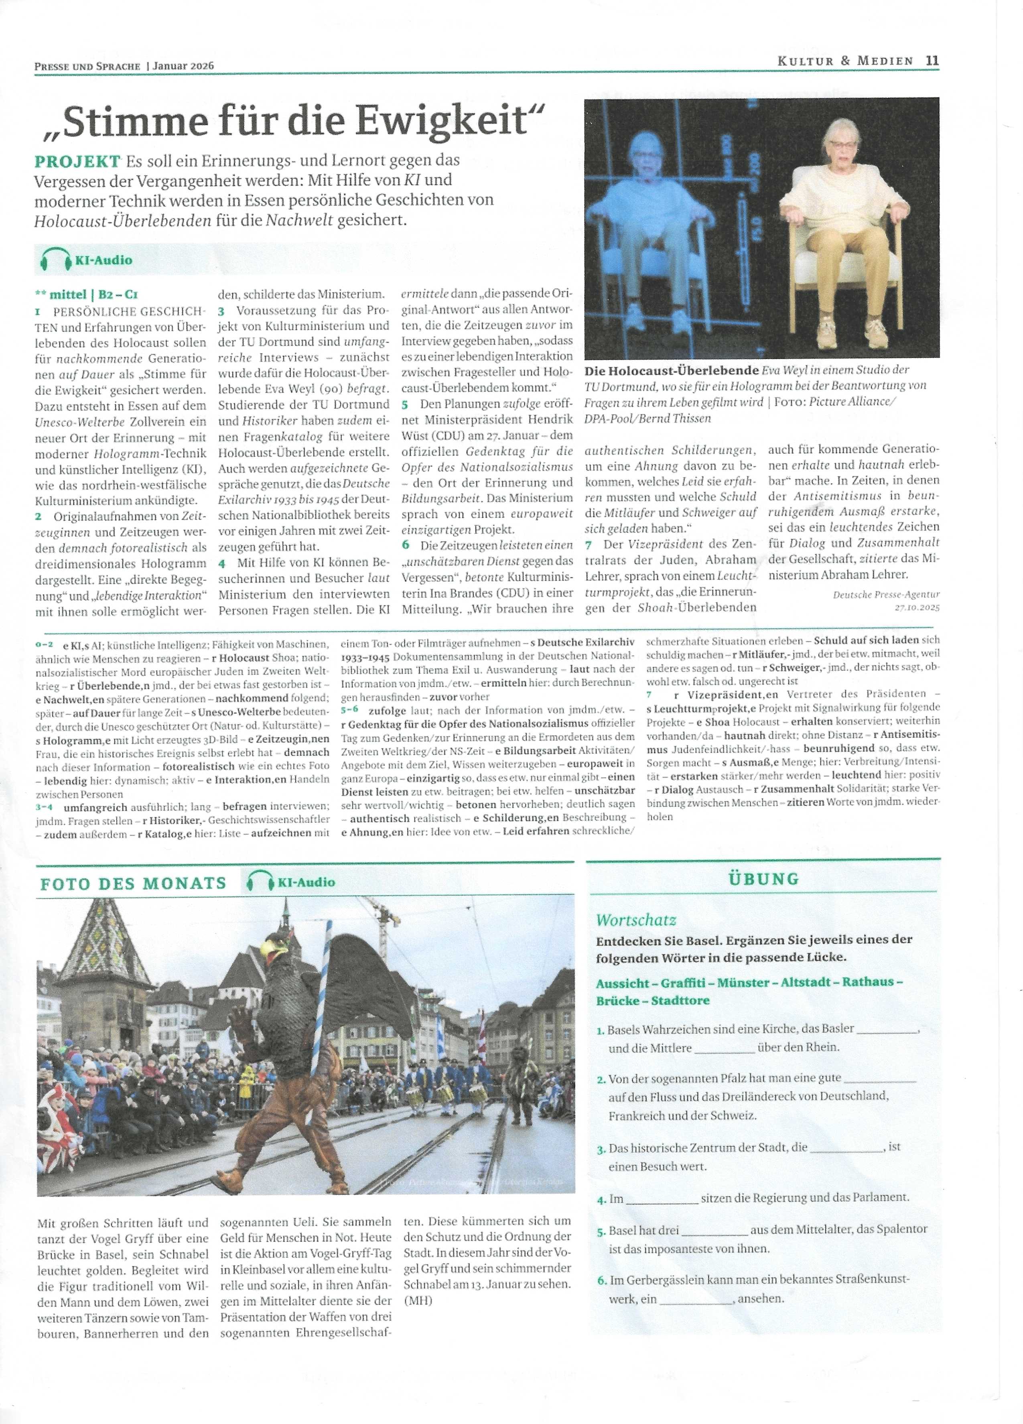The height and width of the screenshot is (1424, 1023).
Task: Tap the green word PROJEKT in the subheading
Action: tap(77, 161)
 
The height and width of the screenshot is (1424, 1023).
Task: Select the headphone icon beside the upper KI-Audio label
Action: tap(55, 259)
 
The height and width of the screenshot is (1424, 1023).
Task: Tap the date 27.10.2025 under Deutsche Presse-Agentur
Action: tap(917, 607)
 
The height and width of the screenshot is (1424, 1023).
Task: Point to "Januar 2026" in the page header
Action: tap(183, 65)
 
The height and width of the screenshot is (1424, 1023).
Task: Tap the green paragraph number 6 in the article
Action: tap(406, 544)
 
